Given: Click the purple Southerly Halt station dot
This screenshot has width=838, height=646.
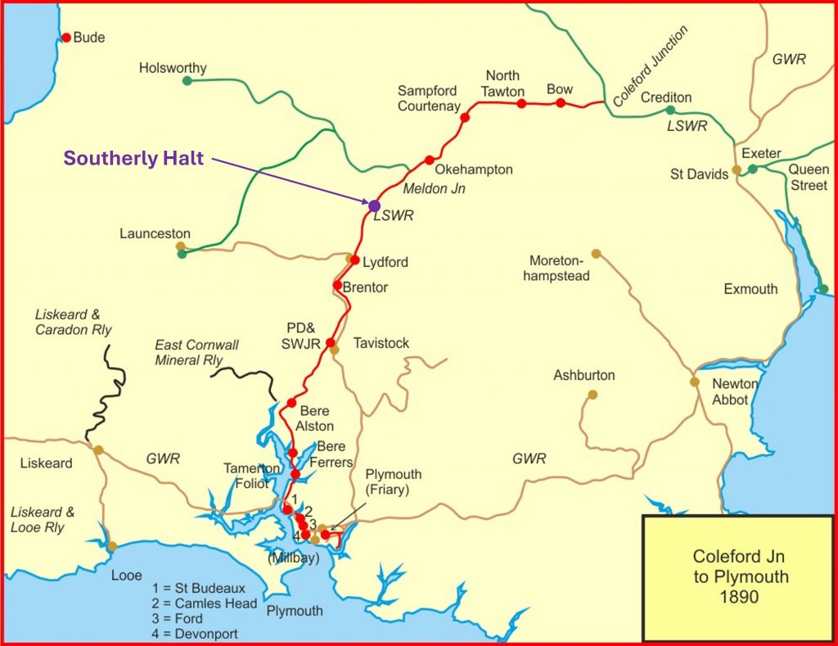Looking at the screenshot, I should (374, 206).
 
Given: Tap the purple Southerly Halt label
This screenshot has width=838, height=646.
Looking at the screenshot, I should (133, 159).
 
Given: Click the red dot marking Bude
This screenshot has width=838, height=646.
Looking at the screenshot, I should (66, 37).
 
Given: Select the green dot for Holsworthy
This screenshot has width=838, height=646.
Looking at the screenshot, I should (187, 80).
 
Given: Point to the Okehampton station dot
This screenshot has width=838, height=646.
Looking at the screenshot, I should (429, 160).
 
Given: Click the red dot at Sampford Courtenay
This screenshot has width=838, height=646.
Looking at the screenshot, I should (465, 118).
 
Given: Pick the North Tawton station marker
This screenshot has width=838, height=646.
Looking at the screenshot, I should (521, 103).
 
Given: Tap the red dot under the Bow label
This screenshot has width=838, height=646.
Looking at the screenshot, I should (561, 102).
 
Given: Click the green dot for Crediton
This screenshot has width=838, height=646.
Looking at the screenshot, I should (670, 110).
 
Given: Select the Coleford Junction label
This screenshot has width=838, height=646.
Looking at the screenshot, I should (651, 66).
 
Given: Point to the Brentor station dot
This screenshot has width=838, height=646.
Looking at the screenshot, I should (337, 285).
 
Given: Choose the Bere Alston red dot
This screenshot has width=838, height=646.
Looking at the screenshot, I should (291, 403).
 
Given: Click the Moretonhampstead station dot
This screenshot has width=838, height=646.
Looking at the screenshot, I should (596, 253).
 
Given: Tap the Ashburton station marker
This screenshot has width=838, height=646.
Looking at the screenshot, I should (592, 395).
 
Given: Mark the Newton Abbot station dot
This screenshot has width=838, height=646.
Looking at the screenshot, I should (695, 382).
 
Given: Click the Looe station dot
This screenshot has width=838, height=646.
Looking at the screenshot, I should (112, 546).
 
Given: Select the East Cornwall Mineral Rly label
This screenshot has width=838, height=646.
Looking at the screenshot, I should (196, 352).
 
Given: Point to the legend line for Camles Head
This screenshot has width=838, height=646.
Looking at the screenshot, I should (205, 603).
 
